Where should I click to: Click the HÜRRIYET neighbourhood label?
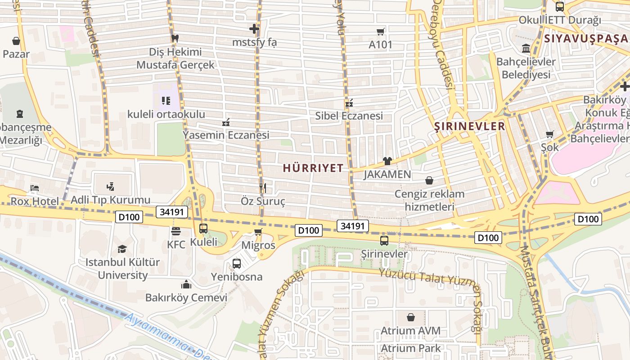tap(313, 168)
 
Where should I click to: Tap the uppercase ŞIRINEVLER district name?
tap(470, 126)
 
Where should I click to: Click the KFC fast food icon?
tap(176, 231)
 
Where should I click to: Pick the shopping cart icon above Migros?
tap(258, 232)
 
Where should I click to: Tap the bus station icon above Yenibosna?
tap(237, 264)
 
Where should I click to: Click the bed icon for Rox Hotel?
tap(34, 188)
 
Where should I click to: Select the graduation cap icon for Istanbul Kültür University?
tap(122, 249)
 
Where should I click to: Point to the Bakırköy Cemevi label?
tap(186, 297)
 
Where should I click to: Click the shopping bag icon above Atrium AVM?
tap(411, 317)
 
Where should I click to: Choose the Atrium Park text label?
tap(411, 348)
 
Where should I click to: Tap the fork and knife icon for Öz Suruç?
tap(263, 187)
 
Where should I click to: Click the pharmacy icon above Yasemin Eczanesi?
tap(226, 122)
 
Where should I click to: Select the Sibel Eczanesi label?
tap(349, 116)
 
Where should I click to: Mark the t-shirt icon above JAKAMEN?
tap(387, 161)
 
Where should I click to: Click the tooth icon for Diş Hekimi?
tap(175, 39)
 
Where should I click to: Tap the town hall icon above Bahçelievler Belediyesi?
tap(526, 48)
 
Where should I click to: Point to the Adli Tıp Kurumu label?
tap(111, 200)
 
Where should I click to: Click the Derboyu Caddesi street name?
tap(442, 45)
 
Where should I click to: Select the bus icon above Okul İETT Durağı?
tap(560, 7)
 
